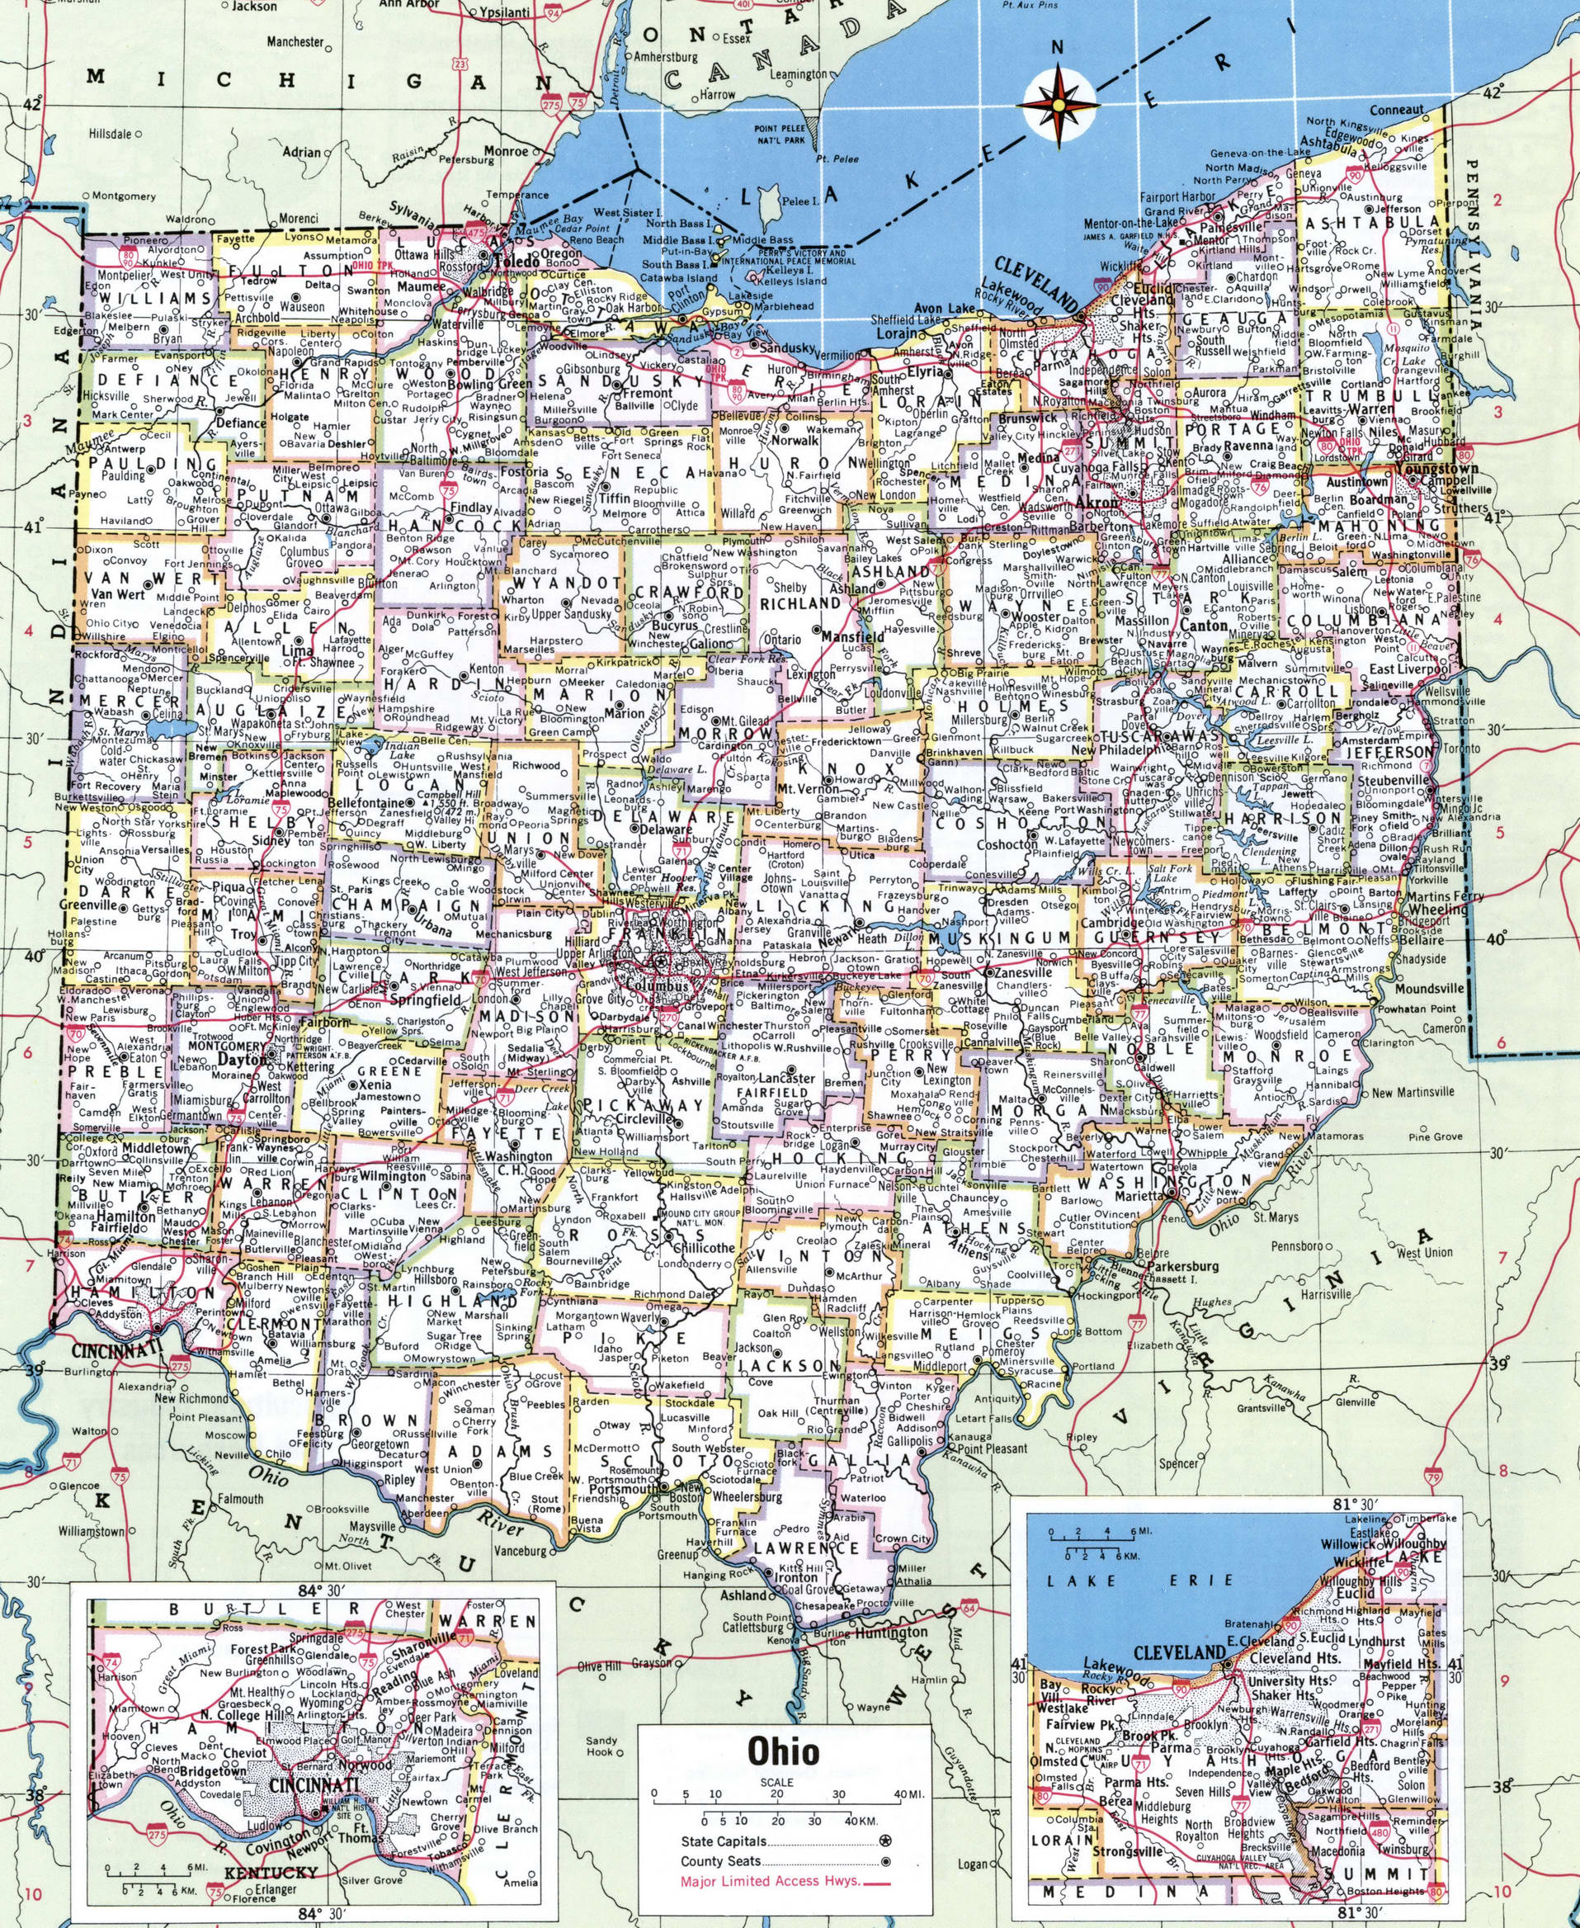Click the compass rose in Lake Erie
click(1057, 106)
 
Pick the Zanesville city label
click(1026, 973)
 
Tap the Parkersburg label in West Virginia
click(1181, 1266)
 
